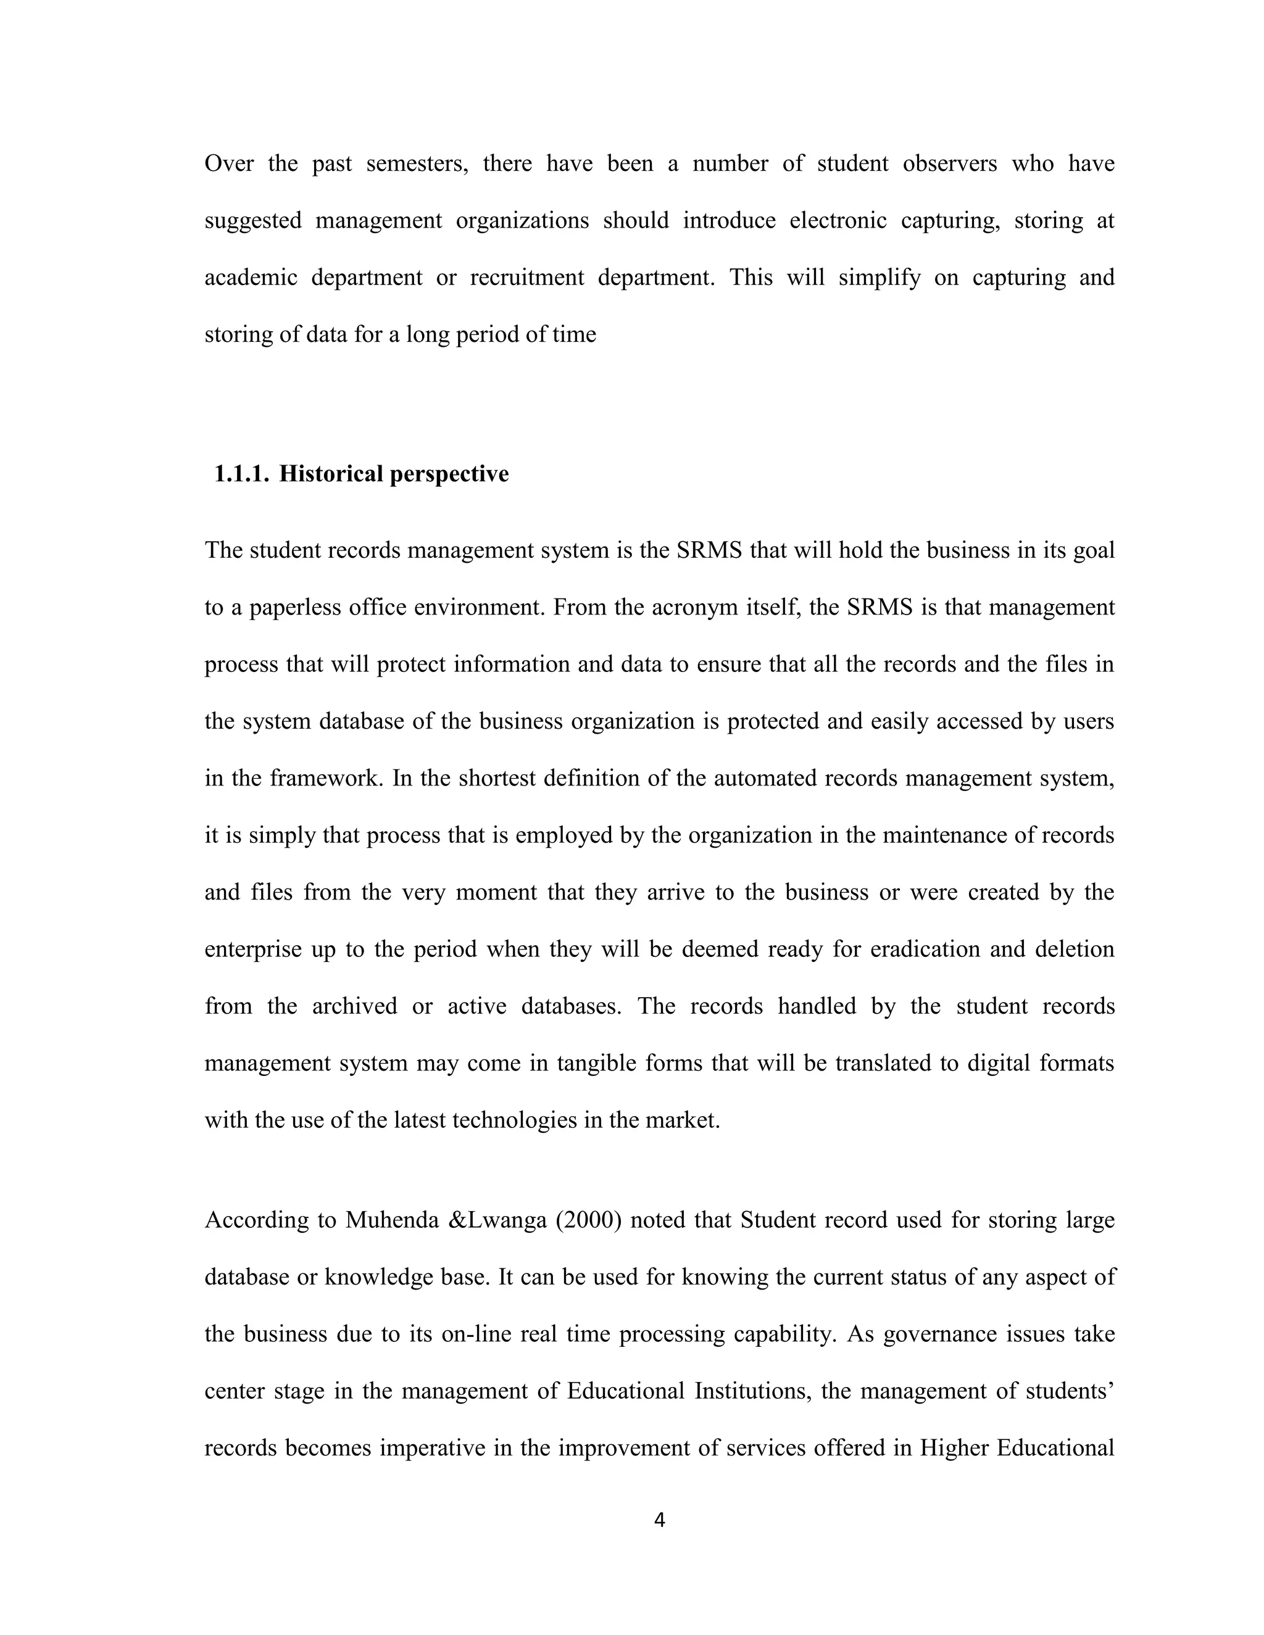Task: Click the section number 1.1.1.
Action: [241, 474]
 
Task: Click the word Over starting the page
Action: [229, 163]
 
